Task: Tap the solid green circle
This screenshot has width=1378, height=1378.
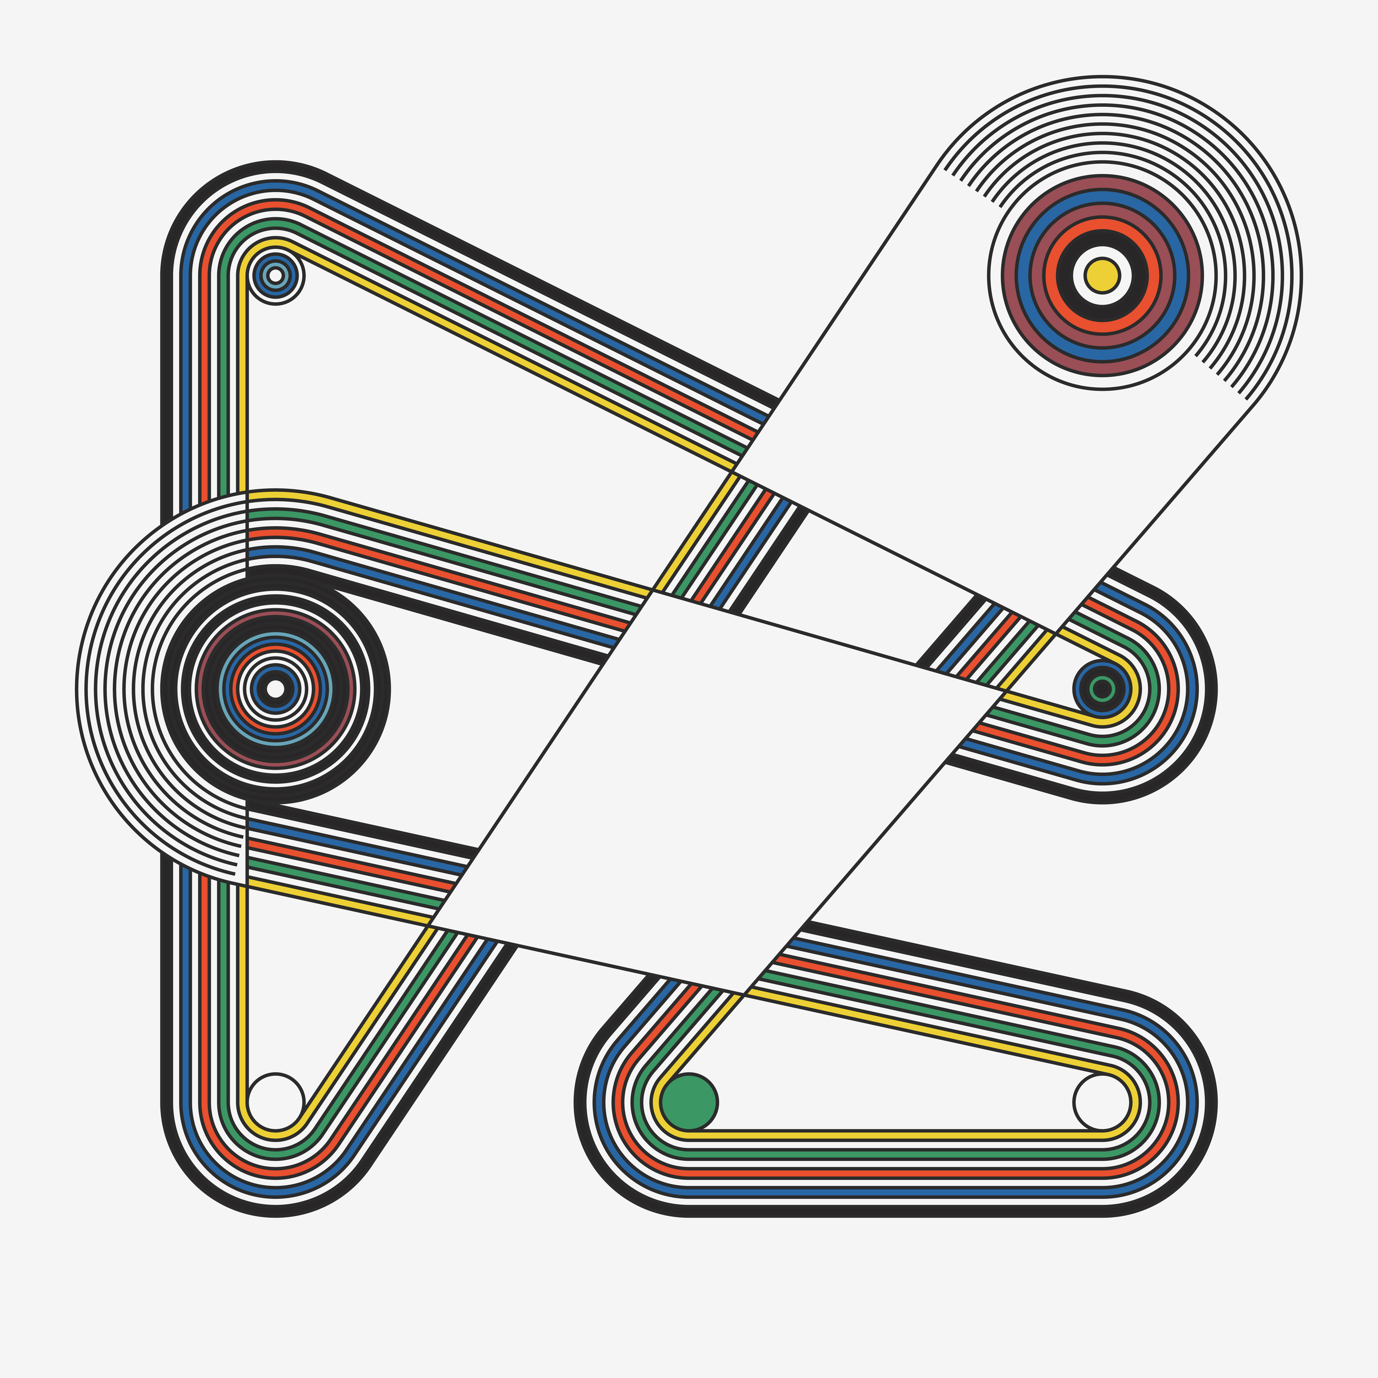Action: [689, 1102]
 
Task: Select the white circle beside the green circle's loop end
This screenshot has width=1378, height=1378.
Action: [1102, 1102]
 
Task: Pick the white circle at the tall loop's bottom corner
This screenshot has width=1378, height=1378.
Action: [275, 1102]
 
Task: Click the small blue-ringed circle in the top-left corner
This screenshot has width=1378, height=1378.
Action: [275, 275]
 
